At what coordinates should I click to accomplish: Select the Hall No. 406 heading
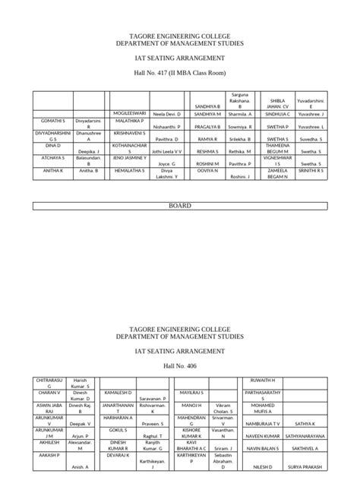(x=179, y=366)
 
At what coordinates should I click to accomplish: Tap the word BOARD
(x=179, y=206)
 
